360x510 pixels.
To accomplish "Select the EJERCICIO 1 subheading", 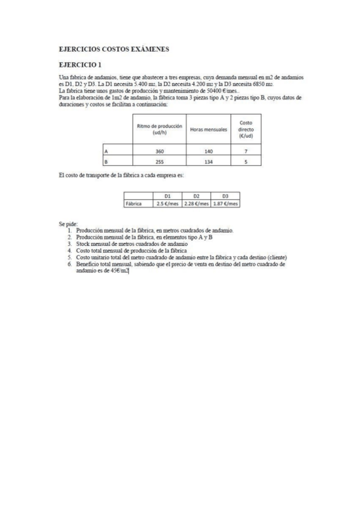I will [80, 64].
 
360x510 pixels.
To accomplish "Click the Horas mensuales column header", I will [208, 129].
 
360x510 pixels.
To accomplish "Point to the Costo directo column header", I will [246, 129].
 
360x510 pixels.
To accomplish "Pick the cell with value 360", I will [159, 152].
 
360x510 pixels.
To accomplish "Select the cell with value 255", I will [159, 162].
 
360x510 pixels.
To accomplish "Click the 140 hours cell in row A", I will [208, 152].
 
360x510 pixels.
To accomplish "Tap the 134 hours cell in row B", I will [208, 162].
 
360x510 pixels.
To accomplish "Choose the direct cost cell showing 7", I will [246, 152].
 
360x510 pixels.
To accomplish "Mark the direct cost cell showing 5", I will [246, 162].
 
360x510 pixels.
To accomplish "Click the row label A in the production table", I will [106, 152].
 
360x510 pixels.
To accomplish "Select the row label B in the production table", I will [106, 162].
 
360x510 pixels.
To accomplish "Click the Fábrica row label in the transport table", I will [134, 204].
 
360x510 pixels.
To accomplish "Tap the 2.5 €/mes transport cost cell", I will [168, 204].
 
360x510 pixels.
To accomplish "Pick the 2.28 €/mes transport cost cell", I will [196, 204].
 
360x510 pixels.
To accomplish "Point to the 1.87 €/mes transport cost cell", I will [225, 204].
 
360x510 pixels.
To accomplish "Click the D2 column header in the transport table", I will [196, 196].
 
